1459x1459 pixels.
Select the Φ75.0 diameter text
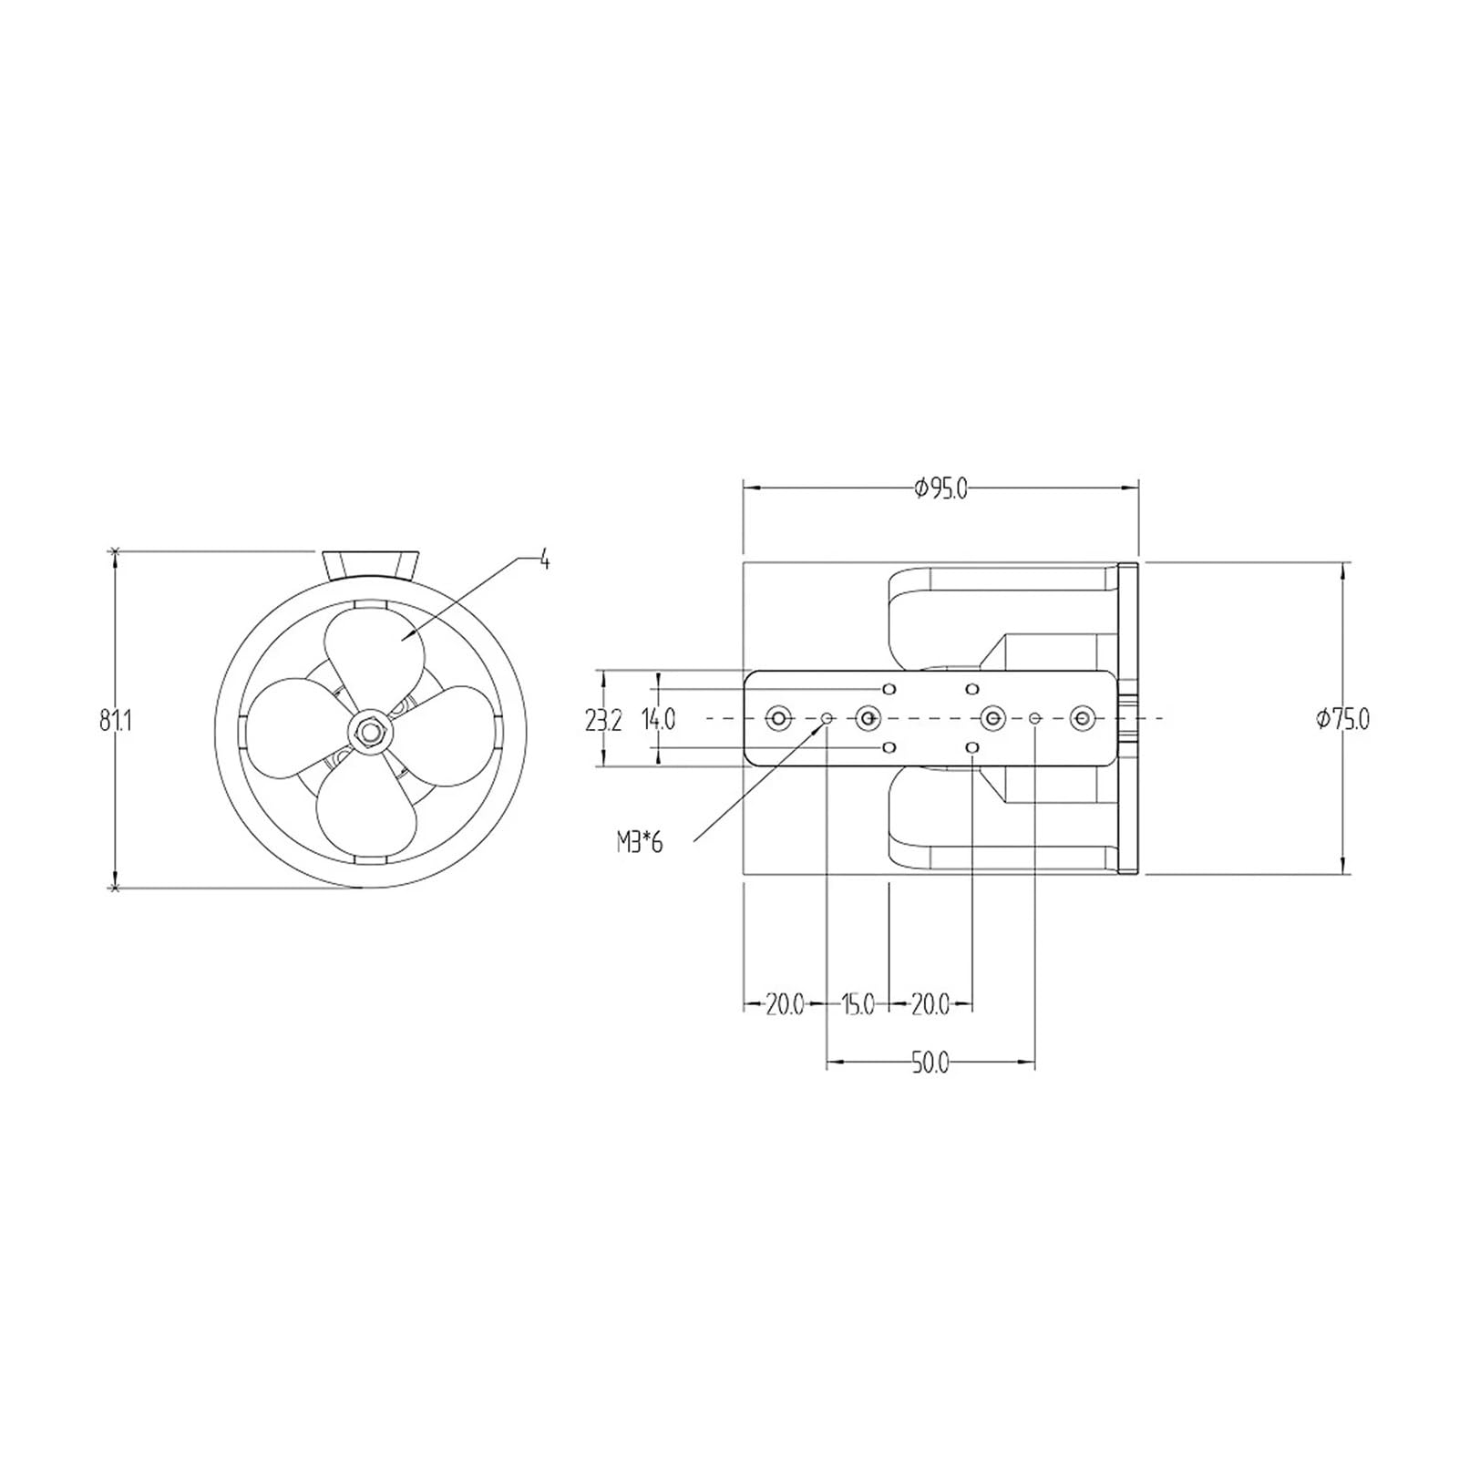[x=1342, y=719]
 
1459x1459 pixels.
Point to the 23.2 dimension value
[x=603, y=721]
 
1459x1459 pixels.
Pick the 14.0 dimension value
[x=659, y=720]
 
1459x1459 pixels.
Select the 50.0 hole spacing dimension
[x=930, y=1063]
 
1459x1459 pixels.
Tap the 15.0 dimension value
[x=857, y=1005]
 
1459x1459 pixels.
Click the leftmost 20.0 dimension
[x=784, y=1005]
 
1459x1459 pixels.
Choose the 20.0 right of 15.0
[x=930, y=1005]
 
